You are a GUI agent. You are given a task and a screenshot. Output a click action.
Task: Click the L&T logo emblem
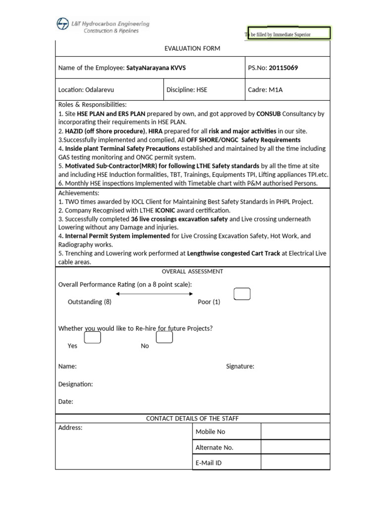pos(63,24)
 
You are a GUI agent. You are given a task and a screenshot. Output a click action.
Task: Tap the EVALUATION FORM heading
pos(192,48)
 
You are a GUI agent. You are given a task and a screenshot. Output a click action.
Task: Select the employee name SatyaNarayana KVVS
pos(156,68)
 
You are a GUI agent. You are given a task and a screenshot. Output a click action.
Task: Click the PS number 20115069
pos(283,68)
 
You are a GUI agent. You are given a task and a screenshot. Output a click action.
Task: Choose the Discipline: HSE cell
pos(187,90)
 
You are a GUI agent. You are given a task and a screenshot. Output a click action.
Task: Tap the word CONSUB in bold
pos(268,114)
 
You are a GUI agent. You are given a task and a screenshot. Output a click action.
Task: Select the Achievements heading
pos(79,193)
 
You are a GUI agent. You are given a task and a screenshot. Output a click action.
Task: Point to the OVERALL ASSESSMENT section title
pos(192,271)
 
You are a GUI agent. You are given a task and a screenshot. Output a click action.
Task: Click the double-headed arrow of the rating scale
pos(154,294)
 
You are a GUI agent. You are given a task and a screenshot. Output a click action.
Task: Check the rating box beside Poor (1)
pos(242,294)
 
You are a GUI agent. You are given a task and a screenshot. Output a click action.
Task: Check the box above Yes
pos(93,337)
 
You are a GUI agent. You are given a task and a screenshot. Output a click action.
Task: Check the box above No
pos(164,337)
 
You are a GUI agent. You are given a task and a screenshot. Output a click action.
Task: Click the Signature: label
pos(240,366)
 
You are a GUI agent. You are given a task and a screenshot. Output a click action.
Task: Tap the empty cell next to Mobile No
pos(295,431)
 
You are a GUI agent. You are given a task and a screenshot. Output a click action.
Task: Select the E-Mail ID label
pos(209,463)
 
